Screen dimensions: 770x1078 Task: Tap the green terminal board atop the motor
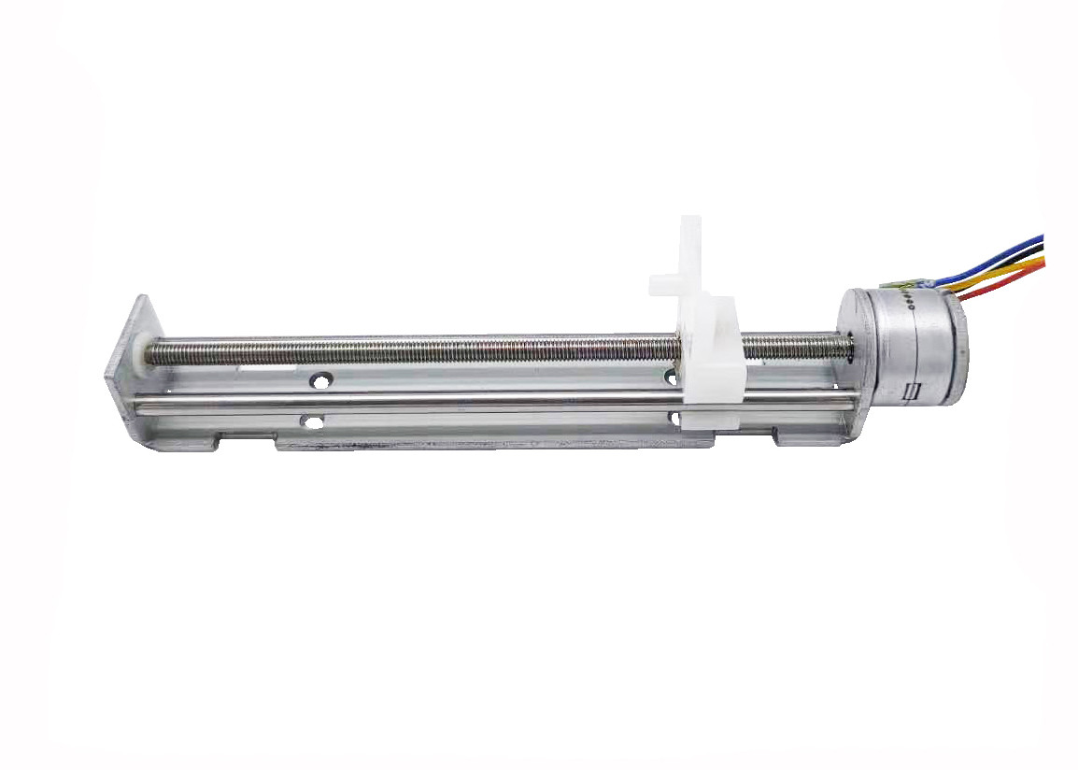coord(904,283)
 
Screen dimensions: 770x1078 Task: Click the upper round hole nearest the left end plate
coord(321,382)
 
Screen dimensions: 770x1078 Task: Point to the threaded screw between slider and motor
coord(794,347)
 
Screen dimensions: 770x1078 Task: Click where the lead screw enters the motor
coord(845,346)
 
